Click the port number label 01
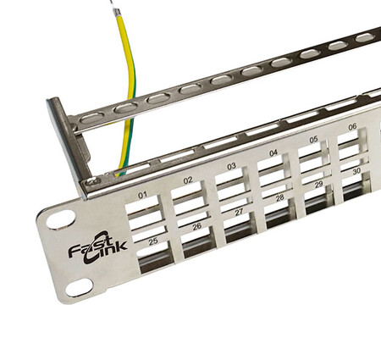coord(142,195)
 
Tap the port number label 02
coord(188,180)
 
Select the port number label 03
coord(231,166)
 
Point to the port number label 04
coord(273,153)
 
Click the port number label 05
coord(313,140)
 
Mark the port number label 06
coord(352,127)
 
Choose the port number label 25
coord(153,241)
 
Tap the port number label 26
coord(197,226)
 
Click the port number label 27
coord(239,212)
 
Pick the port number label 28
coord(279,198)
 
